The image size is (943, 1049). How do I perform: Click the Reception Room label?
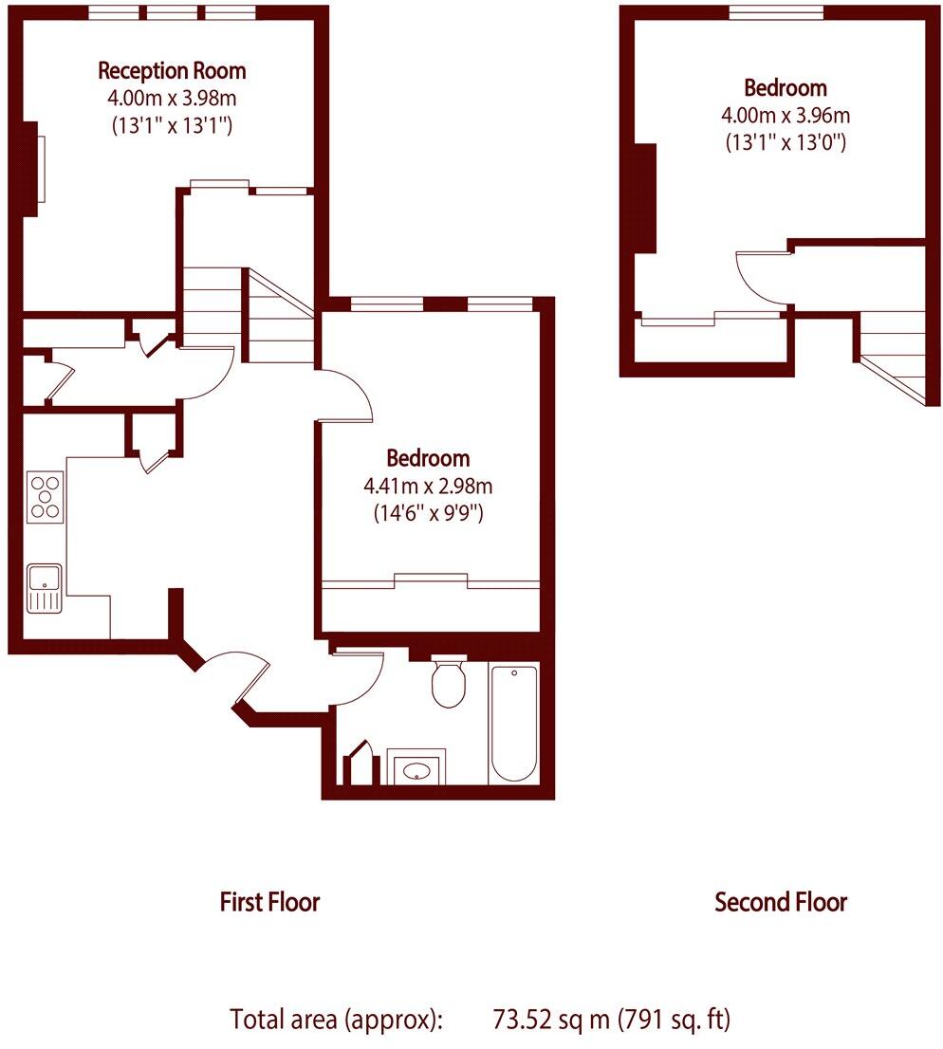point(172,70)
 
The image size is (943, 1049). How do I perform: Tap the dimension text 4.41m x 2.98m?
point(428,487)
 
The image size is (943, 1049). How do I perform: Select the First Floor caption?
point(269,901)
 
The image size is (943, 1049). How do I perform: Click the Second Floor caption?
point(780,901)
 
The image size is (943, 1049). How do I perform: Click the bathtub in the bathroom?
point(513,723)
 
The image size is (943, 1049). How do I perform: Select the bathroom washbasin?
point(416,769)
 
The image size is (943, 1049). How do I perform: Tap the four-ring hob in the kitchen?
point(45,497)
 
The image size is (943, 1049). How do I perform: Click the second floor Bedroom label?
point(785,88)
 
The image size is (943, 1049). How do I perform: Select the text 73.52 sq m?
point(552,1021)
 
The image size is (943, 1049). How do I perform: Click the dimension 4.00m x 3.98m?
point(172,97)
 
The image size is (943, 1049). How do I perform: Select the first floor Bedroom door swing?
point(346,394)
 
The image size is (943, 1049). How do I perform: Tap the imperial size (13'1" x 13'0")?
point(785,143)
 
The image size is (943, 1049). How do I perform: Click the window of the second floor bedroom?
point(776,12)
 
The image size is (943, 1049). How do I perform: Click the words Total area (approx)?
point(337,1021)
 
